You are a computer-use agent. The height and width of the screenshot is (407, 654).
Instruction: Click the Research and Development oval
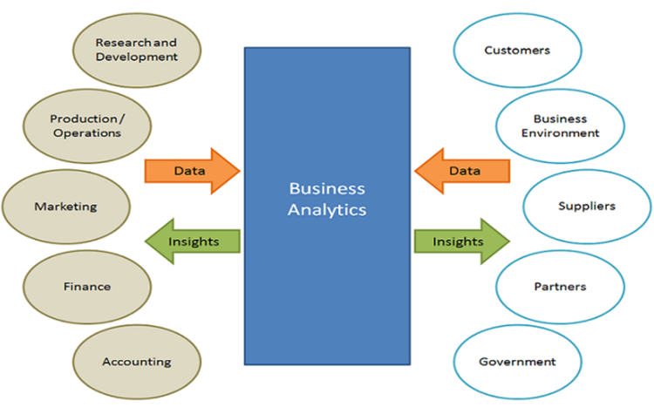136,49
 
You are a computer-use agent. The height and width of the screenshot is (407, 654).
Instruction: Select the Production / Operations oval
85,125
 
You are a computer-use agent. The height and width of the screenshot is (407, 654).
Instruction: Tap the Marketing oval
65,207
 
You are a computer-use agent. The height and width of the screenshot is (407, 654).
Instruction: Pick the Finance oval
86,286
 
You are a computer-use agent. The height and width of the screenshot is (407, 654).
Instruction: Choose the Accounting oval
136,362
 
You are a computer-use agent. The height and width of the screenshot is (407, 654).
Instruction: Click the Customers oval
517,51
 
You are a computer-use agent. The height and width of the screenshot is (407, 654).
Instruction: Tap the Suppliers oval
586,207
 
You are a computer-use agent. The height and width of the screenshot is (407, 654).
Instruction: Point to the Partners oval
560,286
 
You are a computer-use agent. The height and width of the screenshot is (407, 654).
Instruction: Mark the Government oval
517,362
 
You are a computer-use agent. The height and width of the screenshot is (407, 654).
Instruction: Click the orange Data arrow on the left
191,171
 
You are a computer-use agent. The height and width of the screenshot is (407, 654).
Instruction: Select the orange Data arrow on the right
462,171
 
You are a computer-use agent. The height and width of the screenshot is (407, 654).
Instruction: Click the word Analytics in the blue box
327,210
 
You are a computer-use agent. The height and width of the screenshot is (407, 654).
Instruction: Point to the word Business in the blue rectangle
327,189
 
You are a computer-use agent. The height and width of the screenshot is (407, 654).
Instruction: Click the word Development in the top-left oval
137,57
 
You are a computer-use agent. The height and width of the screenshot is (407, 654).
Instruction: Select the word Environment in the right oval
567,133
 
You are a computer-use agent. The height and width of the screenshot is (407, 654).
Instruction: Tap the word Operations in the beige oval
86,133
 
